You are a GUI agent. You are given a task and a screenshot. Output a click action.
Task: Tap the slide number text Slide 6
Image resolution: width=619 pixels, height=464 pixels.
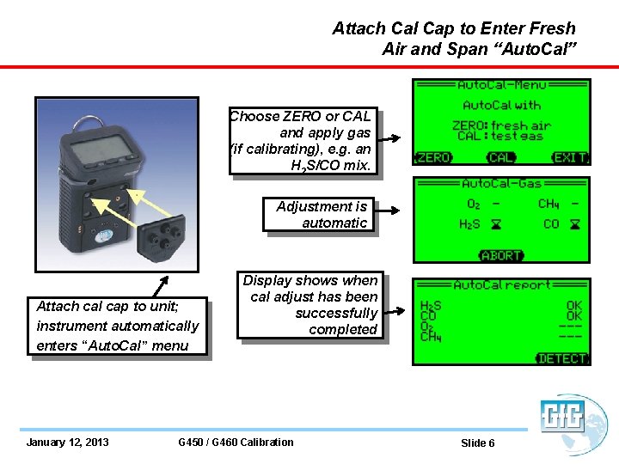point(477,443)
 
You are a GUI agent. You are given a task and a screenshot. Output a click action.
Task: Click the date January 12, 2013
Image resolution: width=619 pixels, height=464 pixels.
point(68,443)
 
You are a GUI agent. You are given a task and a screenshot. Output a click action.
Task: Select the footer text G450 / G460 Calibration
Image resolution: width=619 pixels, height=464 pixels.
point(236,443)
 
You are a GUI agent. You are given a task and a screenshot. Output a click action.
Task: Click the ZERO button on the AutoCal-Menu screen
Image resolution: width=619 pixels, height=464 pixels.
point(432,158)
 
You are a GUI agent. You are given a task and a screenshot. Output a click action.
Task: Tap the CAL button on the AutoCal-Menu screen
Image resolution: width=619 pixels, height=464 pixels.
point(501,158)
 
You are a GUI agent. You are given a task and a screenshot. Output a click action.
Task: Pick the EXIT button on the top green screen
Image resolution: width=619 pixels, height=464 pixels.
point(570,158)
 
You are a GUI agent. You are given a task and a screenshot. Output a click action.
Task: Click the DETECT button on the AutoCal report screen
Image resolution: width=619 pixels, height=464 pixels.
point(562,358)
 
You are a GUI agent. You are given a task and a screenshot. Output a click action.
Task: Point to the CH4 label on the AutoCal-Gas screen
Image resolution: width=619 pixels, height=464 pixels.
point(549,204)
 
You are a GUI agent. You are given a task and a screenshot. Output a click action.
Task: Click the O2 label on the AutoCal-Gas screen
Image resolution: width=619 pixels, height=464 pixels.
point(474,204)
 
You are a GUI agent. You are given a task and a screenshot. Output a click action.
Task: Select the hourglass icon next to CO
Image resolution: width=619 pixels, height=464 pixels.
point(575,224)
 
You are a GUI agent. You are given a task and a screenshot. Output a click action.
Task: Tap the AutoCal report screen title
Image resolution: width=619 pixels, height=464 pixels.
point(501,285)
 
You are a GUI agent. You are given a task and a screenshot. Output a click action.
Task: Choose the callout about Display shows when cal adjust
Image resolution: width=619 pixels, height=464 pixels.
point(310,305)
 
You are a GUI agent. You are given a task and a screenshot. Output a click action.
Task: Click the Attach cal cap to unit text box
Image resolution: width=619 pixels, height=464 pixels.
point(118,326)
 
